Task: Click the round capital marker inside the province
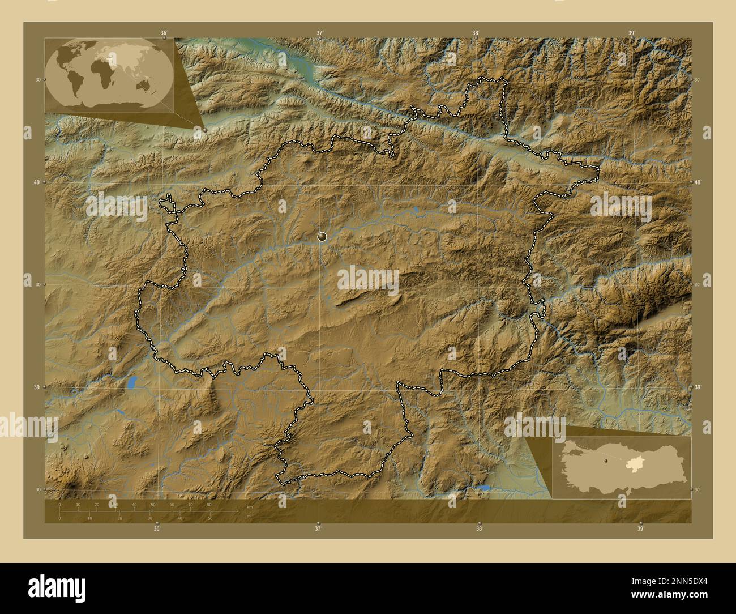pyautogui.click(x=322, y=237)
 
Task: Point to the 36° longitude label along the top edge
pyautogui.click(x=164, y=33)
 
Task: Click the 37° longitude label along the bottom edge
pyautogui.click(x=318, y=528)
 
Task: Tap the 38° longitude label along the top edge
pyautogui.click(x=476, y=33)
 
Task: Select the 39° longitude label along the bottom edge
pyautogui.click(x=640, y=528)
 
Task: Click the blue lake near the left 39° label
pyautogui.click(x=132, y=383)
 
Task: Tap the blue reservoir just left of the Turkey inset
pyautogui.click(x=482, y=487)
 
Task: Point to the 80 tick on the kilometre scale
pyautogui.click(x=209, y=505)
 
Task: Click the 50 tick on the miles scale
pyautogui.click(x=210, y=518)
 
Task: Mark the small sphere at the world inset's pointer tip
pyautogui.click(x=204, y=130)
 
